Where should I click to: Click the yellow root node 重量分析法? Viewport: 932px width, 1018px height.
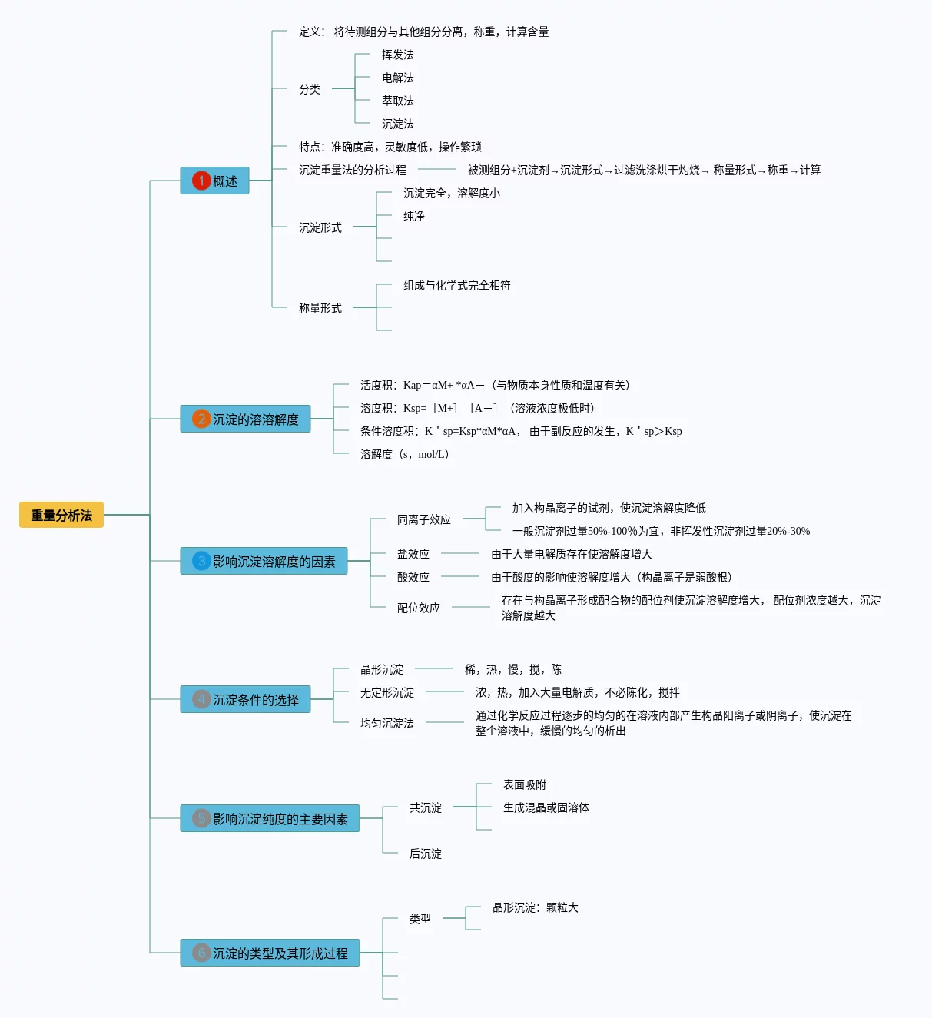tap(61, 515)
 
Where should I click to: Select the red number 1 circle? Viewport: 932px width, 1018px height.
tap(201, 181)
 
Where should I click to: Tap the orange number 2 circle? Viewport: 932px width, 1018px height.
tap(201, 419)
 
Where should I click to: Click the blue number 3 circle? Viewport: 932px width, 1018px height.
tap(201, 561)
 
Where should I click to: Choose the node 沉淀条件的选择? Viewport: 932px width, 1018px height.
tap(255, 699)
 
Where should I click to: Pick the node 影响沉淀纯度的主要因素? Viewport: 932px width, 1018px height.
tap(280, 818)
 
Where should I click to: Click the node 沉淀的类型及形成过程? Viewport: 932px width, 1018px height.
tap(280, 953)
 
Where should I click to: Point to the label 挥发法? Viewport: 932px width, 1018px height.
tap(397, 55)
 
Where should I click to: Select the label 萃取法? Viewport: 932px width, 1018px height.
tap(397, 101)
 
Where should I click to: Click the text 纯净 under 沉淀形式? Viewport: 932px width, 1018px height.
tap(414, 216)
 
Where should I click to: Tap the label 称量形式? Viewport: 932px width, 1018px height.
tap(320, 308)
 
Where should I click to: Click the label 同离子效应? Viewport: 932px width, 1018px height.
tap(424, 519)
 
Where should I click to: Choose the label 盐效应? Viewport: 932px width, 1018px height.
tap(413, 554)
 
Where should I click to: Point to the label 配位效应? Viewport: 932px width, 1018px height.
tap(419, 608)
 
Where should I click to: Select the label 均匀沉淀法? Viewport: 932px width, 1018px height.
tap(387, 723)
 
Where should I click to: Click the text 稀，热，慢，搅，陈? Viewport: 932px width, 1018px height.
tap(512, 669)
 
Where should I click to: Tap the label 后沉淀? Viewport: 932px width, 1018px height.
tap(426, 854)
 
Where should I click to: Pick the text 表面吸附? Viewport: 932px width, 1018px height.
tap(525, 784)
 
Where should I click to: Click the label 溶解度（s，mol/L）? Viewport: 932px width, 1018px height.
tap(404, 454)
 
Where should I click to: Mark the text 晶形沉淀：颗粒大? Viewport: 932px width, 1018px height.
tap(536, 907)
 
